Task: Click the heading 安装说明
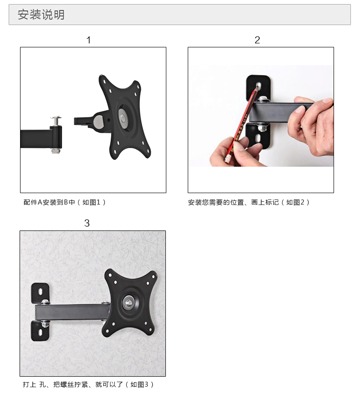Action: [x=41, y=14]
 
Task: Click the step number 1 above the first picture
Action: [x=88, y=40]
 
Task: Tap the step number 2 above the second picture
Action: [x=257, y=40]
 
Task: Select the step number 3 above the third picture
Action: [x=87, y=223]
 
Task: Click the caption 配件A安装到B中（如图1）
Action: [x=64, y=202]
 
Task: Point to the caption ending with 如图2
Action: [x=249, y=202]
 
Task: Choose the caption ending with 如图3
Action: [x=88, y=384]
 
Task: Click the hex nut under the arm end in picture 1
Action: [x=56, y=151]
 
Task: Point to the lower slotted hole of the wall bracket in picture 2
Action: [x=258, y=138]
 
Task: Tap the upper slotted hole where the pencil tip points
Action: [x=258, y=86]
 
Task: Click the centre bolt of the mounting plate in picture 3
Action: [x=129, y=302]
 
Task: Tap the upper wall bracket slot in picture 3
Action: [x=40, y=291]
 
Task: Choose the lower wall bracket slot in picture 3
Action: [x=40, y=332]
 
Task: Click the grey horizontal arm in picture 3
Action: [x=71, y=313]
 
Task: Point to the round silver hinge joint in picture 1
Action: [x=98, y=121]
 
